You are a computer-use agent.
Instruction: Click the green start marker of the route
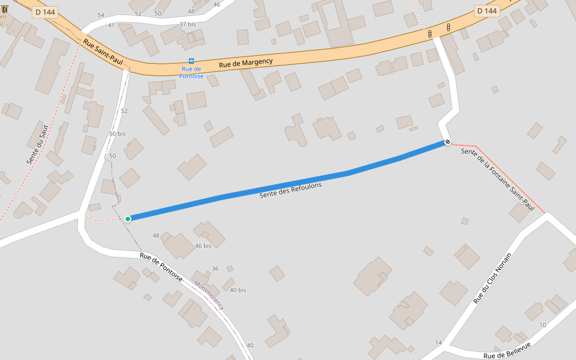click(x=128, y=218)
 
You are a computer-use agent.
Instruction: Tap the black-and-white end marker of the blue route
click(x=447, y=142)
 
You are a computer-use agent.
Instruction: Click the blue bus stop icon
click(x=191, y=61)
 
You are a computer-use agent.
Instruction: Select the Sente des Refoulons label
click(x=290, y=190)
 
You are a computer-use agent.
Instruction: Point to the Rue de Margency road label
click(x=245, y=62)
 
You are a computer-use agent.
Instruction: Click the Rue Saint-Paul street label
click(x=103, y=53)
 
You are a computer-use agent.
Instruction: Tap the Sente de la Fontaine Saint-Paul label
click(x=497, y=179)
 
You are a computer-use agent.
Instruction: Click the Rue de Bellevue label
click(x=507, y=351)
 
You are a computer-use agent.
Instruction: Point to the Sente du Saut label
click(x=37, y=145)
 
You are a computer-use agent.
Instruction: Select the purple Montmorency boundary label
click(x=209, y=295)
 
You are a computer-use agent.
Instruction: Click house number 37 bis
click(x=188, y=24)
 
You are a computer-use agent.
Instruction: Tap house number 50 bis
click(x=117, y=134)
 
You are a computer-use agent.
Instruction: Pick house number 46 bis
click(x=203, y=246)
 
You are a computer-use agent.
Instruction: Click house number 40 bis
click(x=238, y=290)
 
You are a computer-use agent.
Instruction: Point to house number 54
click(x=100, y=15)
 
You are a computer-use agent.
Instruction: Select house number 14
click(x=438, y=343)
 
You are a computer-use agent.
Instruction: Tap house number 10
click(x=542, y=325)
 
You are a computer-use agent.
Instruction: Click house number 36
click(x=215, y=268)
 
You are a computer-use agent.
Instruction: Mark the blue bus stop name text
click(x=192, y=73)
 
